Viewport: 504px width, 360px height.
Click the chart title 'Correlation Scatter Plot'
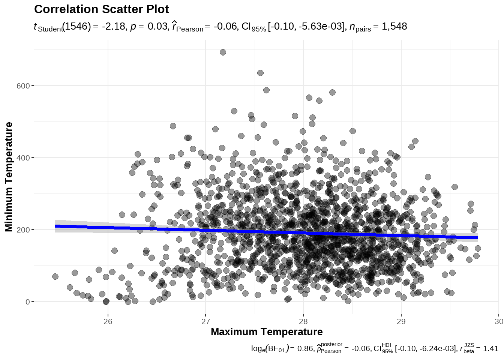click(101, 9)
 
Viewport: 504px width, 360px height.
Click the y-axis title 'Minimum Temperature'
click(9, 177)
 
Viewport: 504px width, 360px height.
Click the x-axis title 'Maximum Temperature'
click(267, 332)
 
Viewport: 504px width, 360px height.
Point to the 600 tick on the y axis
click(23, 86)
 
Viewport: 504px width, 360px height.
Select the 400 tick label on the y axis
click(23, 158)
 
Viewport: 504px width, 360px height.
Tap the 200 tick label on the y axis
click(23, 230)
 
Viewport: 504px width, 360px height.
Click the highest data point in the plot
click(223, 52)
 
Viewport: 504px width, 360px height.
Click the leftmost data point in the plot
click(55, 276)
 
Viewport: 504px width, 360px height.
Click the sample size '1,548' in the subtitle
click(394, 27)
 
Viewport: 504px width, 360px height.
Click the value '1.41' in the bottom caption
click(490, 349)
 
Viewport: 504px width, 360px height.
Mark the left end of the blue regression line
click(56, 226)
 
